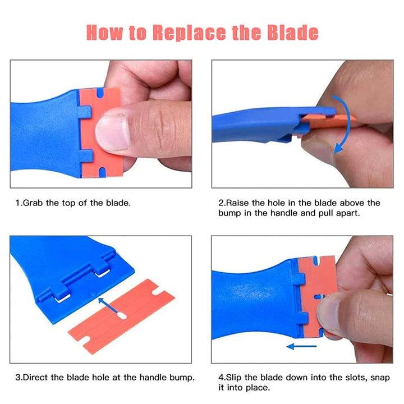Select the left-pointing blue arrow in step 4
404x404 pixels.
pyautogui.click(x=301, y=346)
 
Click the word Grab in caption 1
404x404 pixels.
pyautogui.click(x=33, y=203)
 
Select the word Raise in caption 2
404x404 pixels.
pyautogui.click(x=238, y=203)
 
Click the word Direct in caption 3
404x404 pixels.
pyautogui.click(x=36, y=377)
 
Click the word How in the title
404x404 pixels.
pyautogui.click(x=106, y=33)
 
